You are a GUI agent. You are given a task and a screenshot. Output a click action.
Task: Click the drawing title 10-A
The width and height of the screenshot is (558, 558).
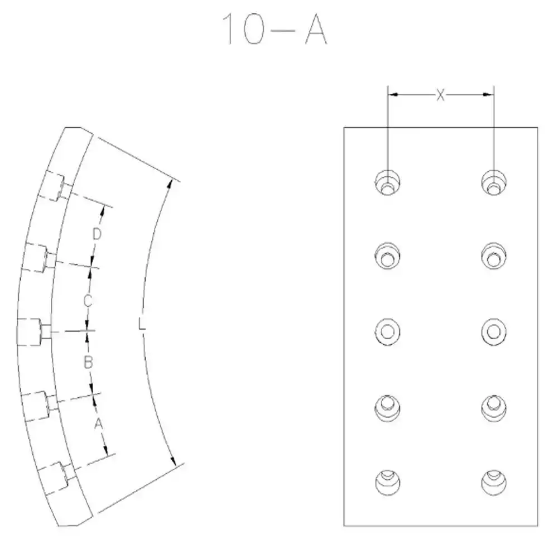pos(275,29)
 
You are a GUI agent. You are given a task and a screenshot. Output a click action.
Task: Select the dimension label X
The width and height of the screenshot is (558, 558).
pos(441,95)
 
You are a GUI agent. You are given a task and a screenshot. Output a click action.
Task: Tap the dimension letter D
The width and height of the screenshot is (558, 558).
pos(97,234)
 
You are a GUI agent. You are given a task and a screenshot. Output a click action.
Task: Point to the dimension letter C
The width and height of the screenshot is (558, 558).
pos(88,301)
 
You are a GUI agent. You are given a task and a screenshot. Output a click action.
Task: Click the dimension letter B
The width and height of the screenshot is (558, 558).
pos(88,363)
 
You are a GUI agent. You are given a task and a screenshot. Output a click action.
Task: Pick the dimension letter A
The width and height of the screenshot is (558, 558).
pos(99,424)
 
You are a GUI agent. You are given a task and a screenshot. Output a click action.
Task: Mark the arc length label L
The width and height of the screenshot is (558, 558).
pos(142,324)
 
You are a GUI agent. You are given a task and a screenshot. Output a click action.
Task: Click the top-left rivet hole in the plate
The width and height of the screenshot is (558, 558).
pos(388,182)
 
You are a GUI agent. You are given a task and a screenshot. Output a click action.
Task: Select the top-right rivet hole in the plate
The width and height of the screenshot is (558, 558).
pos(494,182)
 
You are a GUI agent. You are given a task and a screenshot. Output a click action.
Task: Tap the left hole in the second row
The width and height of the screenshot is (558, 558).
pos(388,256)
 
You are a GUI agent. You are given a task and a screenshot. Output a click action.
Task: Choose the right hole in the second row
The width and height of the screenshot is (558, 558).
pos(494,256)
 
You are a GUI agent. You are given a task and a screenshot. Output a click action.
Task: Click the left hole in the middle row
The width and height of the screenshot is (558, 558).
pos(388,331)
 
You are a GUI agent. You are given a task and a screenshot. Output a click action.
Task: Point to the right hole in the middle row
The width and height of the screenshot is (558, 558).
pos(494,331)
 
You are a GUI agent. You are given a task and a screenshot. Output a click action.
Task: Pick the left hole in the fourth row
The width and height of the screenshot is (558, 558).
pos(388,408)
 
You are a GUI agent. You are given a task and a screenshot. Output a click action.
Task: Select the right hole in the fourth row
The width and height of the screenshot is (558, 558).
pos(494,408)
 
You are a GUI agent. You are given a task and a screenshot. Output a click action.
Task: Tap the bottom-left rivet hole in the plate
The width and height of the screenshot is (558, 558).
pos(388,483)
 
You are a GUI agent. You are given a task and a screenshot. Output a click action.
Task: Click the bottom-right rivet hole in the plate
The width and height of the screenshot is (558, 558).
pos(494,483)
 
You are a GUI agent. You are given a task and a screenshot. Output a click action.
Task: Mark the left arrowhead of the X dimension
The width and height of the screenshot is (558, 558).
pos(393,95)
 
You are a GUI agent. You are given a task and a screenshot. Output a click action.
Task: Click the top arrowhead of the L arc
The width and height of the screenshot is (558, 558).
pos(170,185)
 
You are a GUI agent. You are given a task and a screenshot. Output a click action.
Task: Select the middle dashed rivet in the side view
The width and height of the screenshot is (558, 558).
pos(34,331)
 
